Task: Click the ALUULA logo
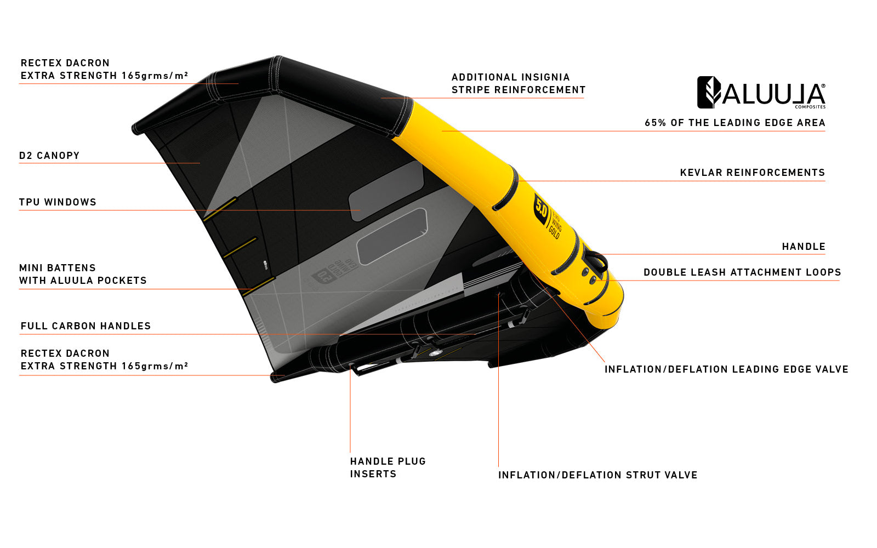[761, 93]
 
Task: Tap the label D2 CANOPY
[49, 156]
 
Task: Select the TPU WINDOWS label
[58, 202]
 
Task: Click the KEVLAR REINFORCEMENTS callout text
[753, 173]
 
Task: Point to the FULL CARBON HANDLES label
[86, 326]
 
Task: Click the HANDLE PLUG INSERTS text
[388, 467]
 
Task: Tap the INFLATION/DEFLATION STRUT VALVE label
[598, 475]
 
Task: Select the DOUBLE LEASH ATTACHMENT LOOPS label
[742, 272]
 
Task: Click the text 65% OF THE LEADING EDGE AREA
[735, 123]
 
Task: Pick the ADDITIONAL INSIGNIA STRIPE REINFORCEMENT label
[519, 83]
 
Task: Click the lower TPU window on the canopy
[392, 236]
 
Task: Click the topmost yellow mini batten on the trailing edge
[220, 209]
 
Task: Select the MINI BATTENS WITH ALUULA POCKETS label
[83, 274]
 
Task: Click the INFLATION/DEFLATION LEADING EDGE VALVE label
[726, 369]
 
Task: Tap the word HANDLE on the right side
[804, 247]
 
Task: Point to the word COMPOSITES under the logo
[810, 107]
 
